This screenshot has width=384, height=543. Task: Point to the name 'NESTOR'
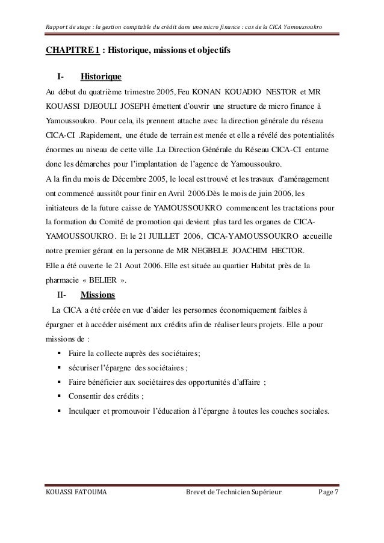coord(290,94)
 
